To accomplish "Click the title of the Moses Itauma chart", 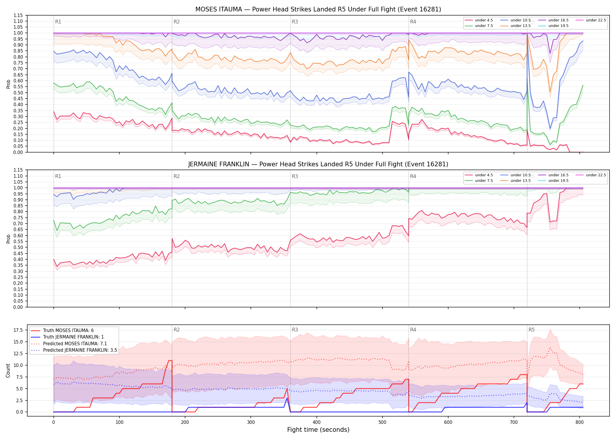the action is [x=318, y=9].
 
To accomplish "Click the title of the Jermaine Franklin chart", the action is [x=318, y=164].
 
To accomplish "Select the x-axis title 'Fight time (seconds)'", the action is [x=318, y=430].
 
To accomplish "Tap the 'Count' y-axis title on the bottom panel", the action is [x=8, y=370].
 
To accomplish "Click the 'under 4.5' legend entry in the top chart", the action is [x=479, y=20].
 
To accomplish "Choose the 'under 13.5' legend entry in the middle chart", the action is [x=515, y=181].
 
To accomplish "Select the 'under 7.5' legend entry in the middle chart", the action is [x=479, y=181].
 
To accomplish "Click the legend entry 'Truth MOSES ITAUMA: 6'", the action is [x=62, y=331].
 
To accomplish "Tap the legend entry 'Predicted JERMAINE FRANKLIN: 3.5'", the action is [x=74, y=350].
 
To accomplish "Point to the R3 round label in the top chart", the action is [x=295, y=22].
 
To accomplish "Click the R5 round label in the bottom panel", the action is [x=532, y=330].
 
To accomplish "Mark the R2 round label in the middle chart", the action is [x=177, y=176].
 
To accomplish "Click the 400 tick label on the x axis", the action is [x=317, y=422].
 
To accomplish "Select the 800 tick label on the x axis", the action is [x=579, y=422].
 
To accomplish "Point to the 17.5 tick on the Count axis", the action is [x=18, y=330].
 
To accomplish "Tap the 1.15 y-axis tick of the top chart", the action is [x=18, y=15].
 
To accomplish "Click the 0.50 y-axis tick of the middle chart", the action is [x=18, y=248].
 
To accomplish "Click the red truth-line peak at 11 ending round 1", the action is [x=170, y=361].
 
